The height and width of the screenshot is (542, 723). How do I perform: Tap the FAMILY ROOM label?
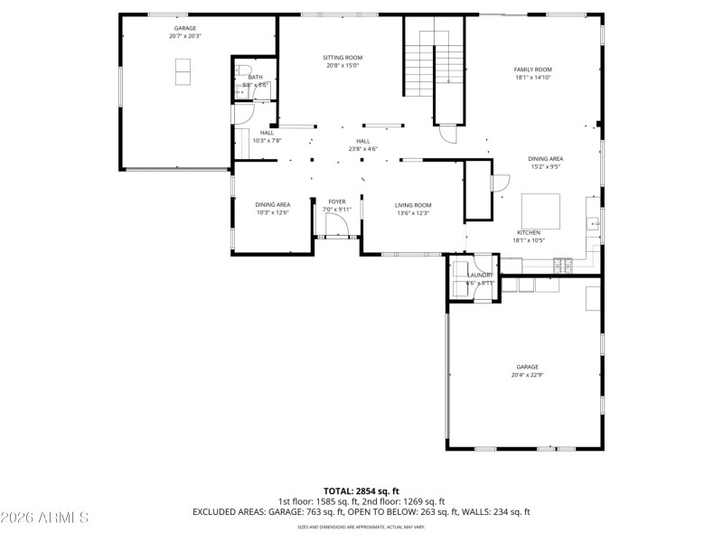click(532, 70)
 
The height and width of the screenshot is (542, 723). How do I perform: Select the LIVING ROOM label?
click(413, 205)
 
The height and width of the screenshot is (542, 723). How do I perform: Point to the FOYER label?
click(336, 201)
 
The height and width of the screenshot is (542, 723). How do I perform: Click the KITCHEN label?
click(529, 231)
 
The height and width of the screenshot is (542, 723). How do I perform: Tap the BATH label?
click(256, 78)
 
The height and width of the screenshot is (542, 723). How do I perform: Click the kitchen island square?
click(540, 210)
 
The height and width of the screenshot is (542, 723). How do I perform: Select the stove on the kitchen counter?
click(563, 265)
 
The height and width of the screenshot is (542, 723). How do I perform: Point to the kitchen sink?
click(594, 223)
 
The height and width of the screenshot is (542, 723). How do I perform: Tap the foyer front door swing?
click(332, 226)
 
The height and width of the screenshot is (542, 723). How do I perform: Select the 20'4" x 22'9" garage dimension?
click(528, 375)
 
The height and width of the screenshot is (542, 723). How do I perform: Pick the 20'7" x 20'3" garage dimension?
click(184, 36)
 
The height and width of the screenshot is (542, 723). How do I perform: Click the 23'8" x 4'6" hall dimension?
click(362, 149)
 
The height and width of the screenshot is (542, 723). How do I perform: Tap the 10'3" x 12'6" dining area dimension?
click(272, 213)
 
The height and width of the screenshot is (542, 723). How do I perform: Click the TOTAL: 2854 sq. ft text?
click(361, 491)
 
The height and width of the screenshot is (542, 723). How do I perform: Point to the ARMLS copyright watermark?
click(45, 518)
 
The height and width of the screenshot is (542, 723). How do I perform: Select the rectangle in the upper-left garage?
click(183, 70)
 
